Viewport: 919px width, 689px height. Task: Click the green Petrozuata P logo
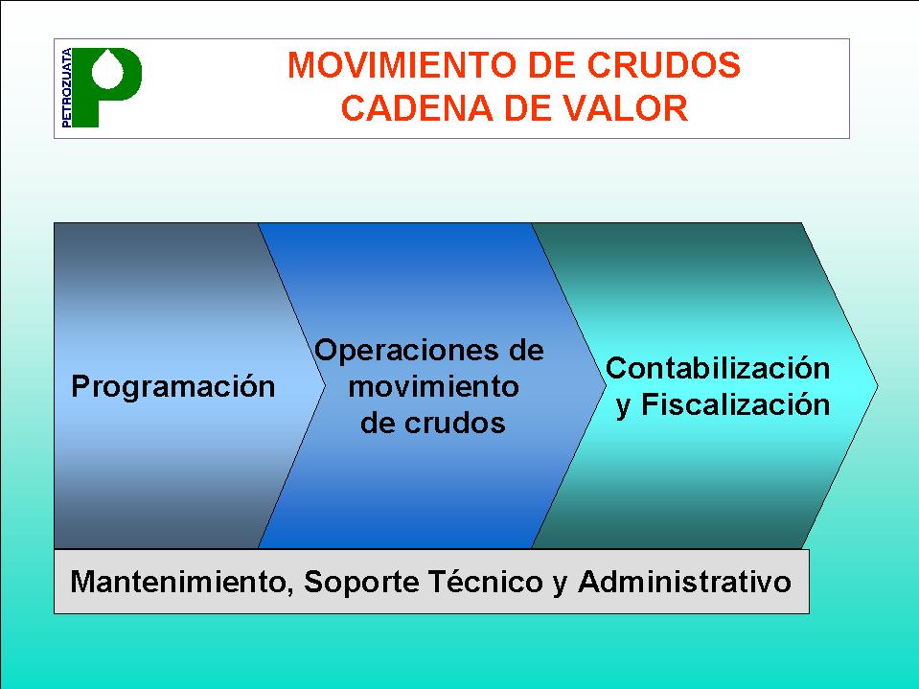[105, 86]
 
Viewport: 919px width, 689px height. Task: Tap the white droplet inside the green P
[109, 69]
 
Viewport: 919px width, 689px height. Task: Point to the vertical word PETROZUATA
[66, 87]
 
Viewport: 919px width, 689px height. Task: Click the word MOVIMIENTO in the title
[403, 64]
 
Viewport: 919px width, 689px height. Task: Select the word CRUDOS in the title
[663, 64]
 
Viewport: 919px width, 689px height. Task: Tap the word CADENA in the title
[417, 108]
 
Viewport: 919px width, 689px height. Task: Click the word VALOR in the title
[626, 108]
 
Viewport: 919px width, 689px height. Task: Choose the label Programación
[172, 387]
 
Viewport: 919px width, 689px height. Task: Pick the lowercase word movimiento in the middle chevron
[434, 387]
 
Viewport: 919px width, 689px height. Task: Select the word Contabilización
[718, 369]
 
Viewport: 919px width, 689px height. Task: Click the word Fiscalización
[735, 404]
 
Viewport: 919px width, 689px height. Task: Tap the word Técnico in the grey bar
[485, 582]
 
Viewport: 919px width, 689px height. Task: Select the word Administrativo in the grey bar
[684, 582]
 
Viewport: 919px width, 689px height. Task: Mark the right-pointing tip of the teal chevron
[878, 385]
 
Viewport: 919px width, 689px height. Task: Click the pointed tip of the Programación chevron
[325, 385]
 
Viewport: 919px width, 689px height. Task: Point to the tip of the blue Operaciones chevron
[606, 385]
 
